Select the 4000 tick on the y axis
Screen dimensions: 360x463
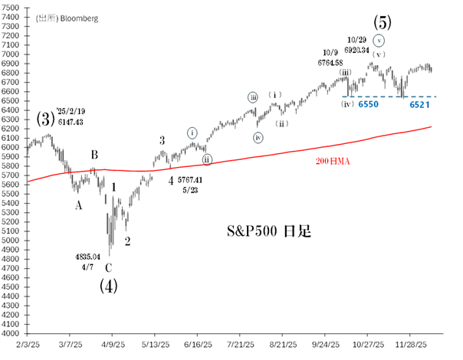[x=13, y=334]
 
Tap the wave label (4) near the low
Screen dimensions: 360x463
[x=110, y=286]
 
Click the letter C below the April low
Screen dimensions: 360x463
[x=109, y=267]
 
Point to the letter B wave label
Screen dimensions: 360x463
[x=94, y=155]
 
